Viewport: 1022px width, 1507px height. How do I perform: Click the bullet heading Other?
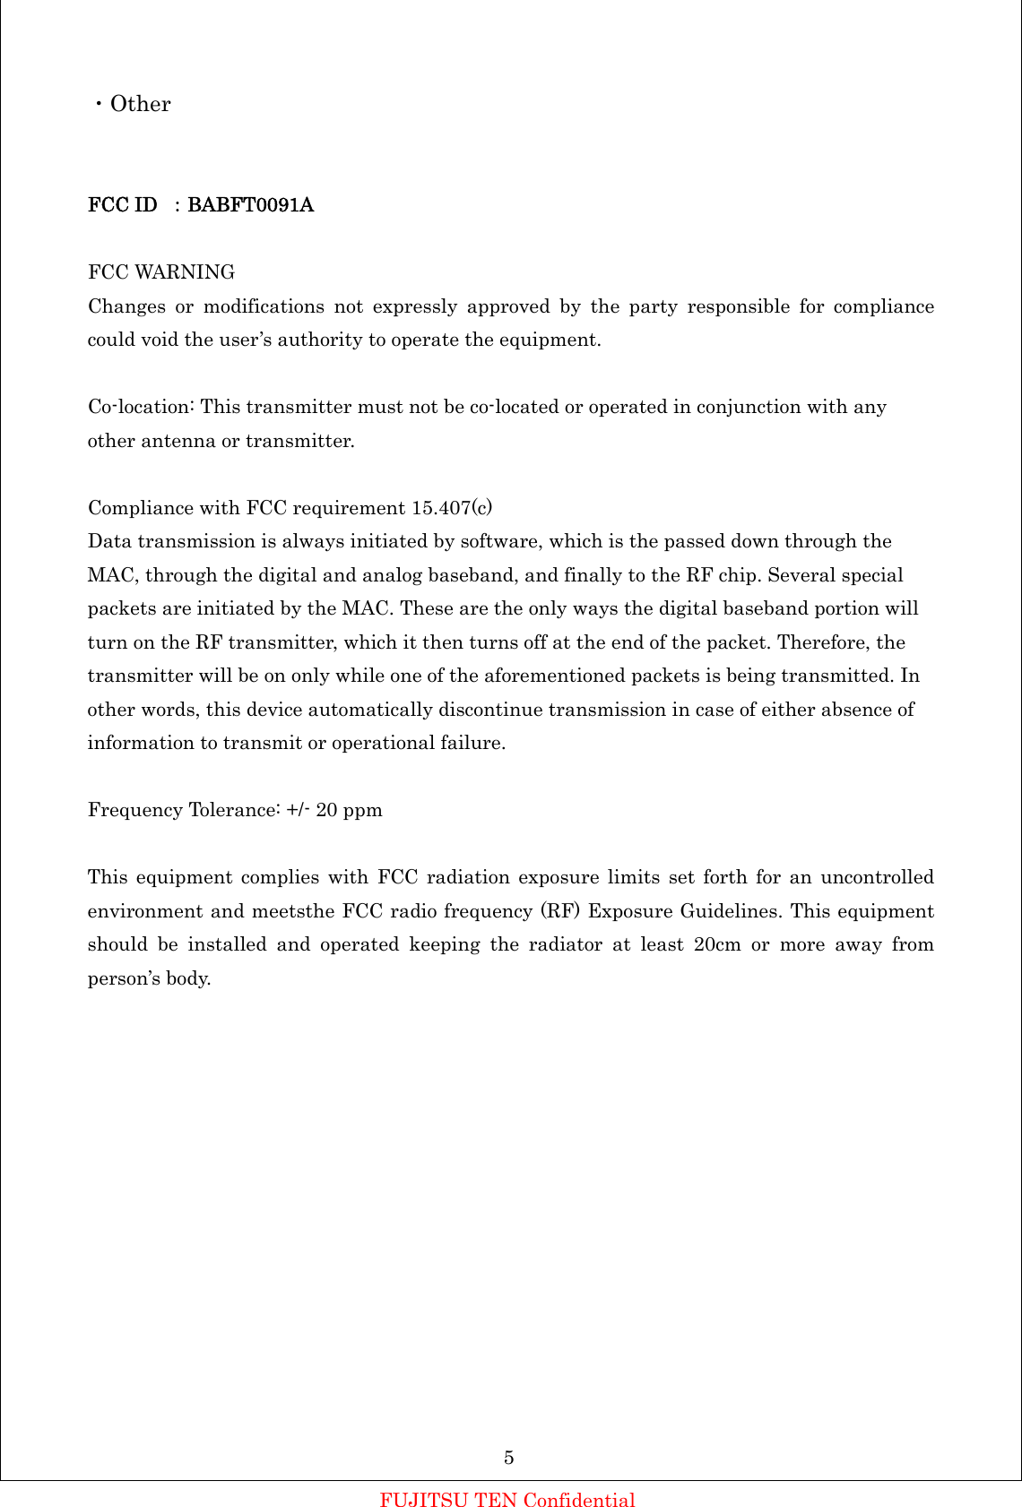click(x=140, y=104)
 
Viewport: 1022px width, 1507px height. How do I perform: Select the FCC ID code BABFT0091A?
click(x=250, y=205)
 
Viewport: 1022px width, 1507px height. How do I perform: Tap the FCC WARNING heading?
click(x=161, y=272)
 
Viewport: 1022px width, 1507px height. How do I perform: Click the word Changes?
click(x=126, y=306)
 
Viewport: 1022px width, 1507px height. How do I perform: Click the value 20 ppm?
click(x=350, y=810)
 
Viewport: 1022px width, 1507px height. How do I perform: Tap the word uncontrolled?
click(x=877, y=877)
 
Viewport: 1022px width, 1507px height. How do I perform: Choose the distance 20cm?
click(x=717, y=944)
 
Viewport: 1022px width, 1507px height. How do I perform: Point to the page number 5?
click(x=509, y=1458)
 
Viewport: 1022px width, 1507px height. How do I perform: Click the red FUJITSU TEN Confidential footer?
click(x=507, y=1500)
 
